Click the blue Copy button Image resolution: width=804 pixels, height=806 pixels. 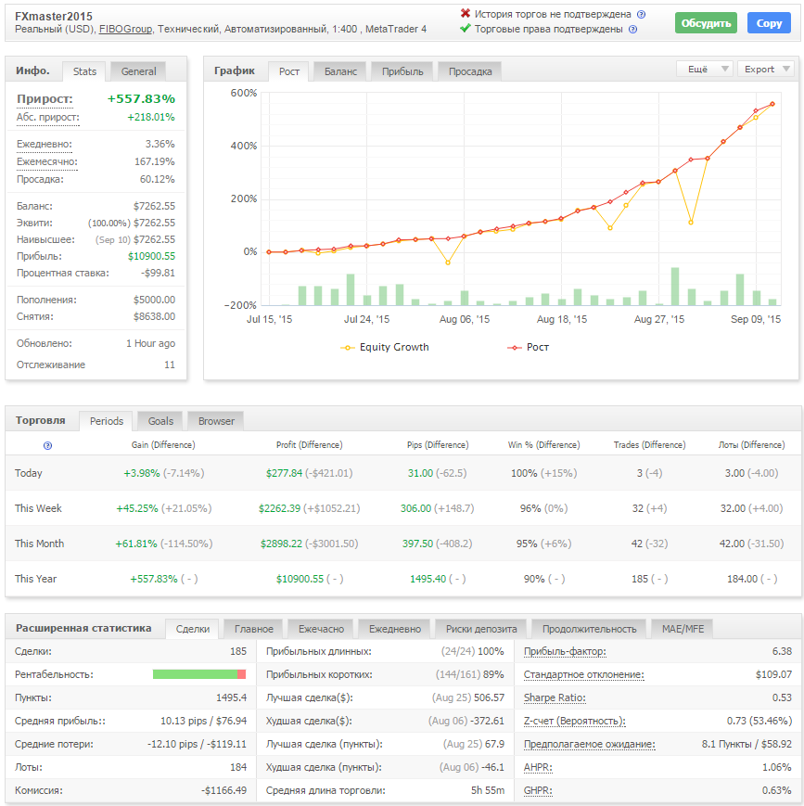click(769, 23)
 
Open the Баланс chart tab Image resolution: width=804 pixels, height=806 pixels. click(340, 71)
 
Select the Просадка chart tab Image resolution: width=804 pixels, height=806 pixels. click(470, 71)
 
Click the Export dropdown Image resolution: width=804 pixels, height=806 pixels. click(765, 69)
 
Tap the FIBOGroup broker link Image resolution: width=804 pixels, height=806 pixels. click(125, 30)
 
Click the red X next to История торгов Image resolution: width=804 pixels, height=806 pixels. click(466, 13)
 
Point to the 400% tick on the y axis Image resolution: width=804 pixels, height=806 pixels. click(244, 146)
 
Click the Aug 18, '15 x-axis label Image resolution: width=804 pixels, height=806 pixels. click(561, 319)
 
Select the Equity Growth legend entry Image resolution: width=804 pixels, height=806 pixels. click(384, 348)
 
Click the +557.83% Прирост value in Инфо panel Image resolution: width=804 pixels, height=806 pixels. click(141, 98)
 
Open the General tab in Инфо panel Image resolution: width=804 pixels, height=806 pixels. click(138, 71)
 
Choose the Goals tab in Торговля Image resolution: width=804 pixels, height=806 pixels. click(160, 421)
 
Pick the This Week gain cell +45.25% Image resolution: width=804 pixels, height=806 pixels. click(137, 508)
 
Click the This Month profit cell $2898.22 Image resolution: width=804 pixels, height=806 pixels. click(281, 544)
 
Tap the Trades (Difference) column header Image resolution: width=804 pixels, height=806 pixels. click(649, 445)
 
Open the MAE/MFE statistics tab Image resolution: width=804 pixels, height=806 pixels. click(683, 629)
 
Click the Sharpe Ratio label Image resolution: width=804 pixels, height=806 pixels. click(555, 697)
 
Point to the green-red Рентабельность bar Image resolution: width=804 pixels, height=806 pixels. click(199, 674)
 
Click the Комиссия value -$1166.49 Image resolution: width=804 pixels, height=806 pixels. click(223, 790)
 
